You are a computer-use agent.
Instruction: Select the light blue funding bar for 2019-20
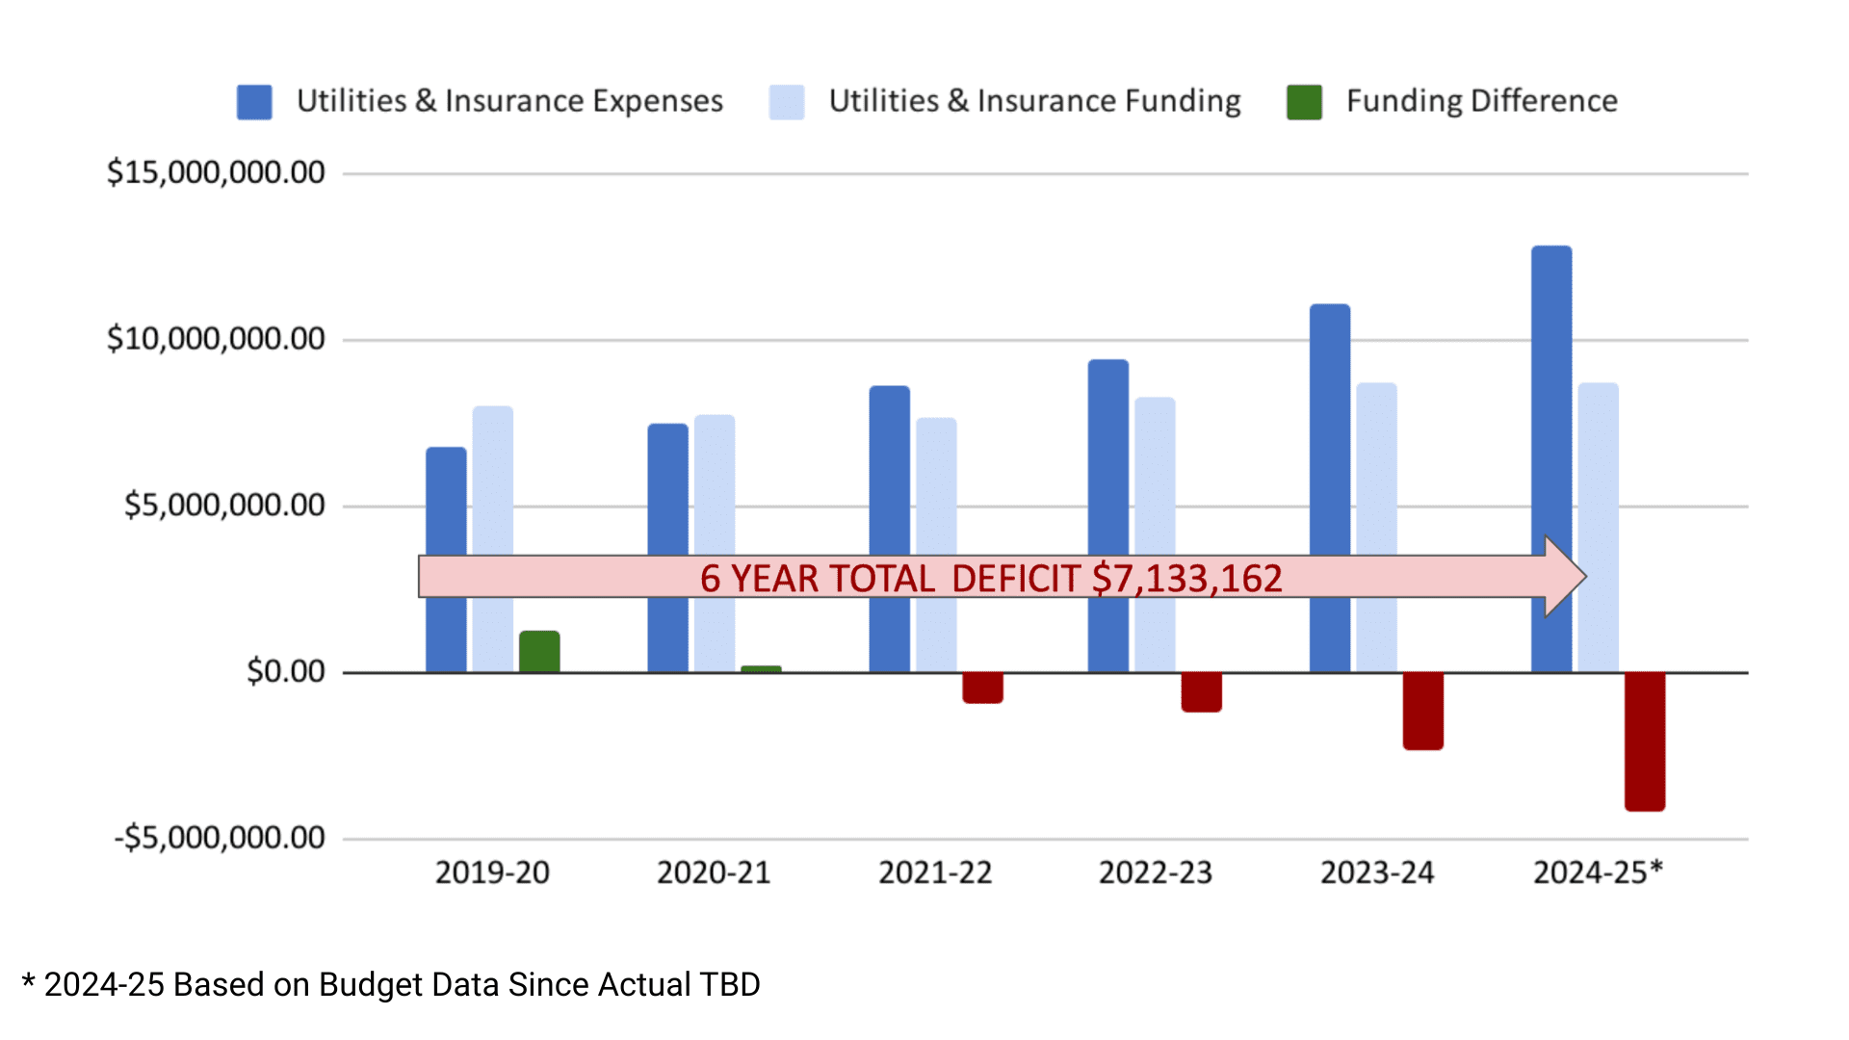pyautogui.click(x=492, y=481)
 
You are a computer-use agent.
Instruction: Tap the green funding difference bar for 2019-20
pyautogui.click(x=539, y=652)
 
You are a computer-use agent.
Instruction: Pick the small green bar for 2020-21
pyautogui.click(x=761, y=668)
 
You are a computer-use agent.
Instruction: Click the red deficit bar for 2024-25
pyautogui.click(x=1644, y=741)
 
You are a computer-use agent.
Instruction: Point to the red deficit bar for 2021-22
pyautogui.click(x=982, y=688)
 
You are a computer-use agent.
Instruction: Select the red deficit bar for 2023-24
pyautogui.click(x=1422, y=711)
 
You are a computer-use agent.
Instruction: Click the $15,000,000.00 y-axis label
pyautogui.click(x=216, y=172)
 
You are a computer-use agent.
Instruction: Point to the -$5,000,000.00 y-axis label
pyautogui.click(x=220, y=838)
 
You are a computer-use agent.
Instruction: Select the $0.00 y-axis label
pyautogui.click(x=286, y=671)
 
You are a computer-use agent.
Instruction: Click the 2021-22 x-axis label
pyautogui.click(x=934, y=872)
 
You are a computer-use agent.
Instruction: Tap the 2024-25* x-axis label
pyautogui.click(x=1598, y=872)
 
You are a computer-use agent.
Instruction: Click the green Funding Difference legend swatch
pyautogui.click(x=1304, y=102)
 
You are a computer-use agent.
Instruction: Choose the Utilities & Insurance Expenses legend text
pyautogui.click(x=509, y=101)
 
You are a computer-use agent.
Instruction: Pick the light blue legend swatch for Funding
pyautogui.click(x=787, y=102)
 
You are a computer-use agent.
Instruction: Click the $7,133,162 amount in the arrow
pyautogui.click(x=1186, y=579)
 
